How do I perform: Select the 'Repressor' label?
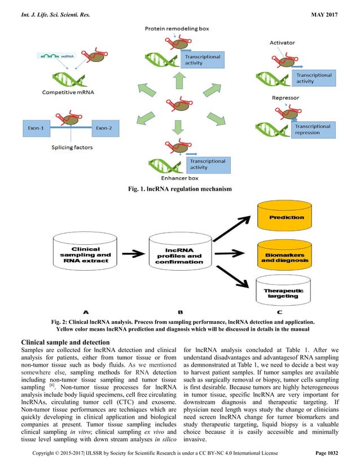click(285, 98)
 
